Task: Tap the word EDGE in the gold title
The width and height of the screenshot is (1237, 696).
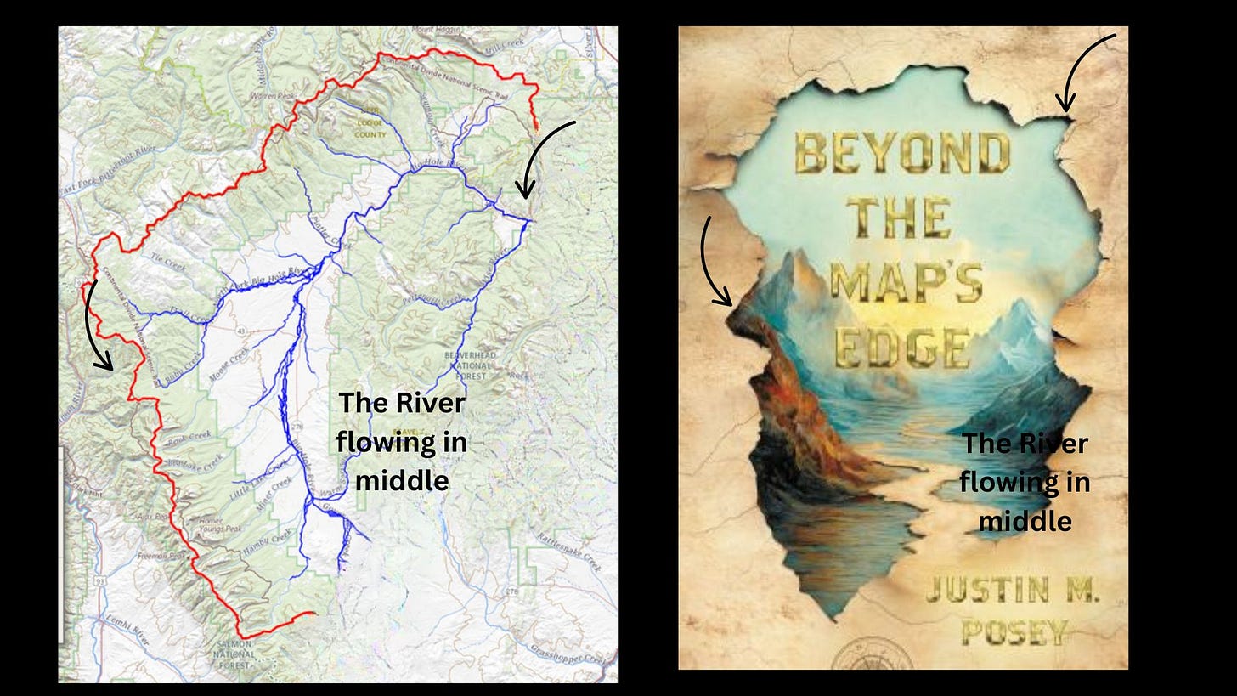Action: click(902, 346)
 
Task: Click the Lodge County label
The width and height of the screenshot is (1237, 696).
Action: click(370, 128)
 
